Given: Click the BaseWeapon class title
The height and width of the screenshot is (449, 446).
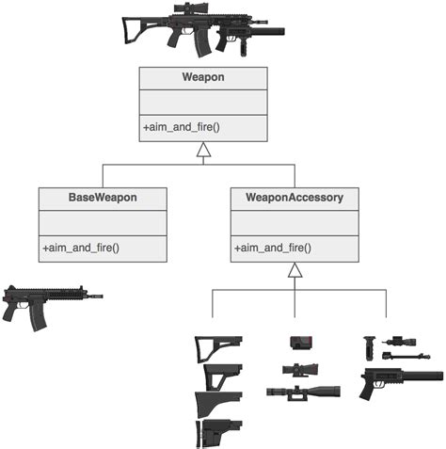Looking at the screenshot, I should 103,199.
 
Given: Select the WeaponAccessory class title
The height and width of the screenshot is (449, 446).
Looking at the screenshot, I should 295,199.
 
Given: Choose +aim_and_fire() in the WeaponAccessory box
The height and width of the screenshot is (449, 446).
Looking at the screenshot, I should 273,248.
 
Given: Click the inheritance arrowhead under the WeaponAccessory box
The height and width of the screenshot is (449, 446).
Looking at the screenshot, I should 295,270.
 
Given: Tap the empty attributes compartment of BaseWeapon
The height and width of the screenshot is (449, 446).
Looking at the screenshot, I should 103,223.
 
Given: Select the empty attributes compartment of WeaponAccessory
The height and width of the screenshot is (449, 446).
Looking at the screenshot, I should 295,223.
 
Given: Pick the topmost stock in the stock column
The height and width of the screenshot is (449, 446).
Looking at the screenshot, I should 217,347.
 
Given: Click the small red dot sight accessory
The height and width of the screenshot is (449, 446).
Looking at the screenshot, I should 299,343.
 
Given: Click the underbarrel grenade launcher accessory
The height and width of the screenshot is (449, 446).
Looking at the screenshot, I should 395,381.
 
